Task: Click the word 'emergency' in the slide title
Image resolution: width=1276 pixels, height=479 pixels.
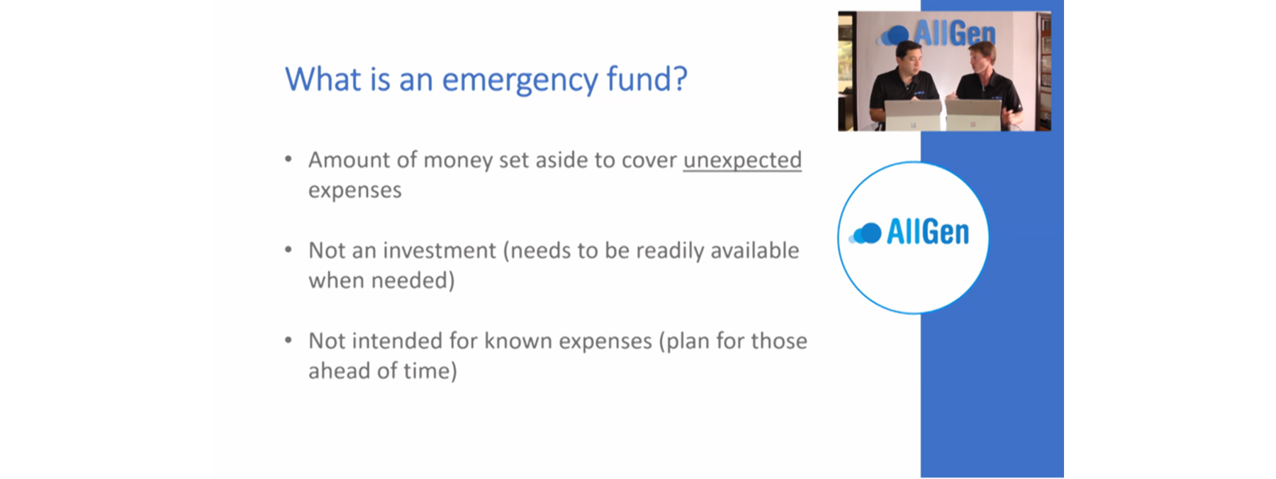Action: coord(520,80)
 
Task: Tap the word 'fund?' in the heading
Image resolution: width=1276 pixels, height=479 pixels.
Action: coord(647,78)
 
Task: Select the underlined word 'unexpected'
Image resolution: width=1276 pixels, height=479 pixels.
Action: coord(742,161)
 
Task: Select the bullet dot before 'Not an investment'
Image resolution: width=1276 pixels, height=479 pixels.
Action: coord(289,250)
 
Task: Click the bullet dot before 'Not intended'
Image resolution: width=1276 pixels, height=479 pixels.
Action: coord(289,341)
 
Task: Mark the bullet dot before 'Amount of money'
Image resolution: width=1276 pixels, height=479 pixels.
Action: coord(289,159)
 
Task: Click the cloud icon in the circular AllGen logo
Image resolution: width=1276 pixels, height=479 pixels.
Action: coord(865,233)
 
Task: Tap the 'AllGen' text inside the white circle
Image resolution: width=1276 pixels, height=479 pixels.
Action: coord(928,232)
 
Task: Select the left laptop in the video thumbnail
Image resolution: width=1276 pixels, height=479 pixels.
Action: coord(913,114)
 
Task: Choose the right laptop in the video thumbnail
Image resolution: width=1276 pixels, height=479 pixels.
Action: coord(973,115)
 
